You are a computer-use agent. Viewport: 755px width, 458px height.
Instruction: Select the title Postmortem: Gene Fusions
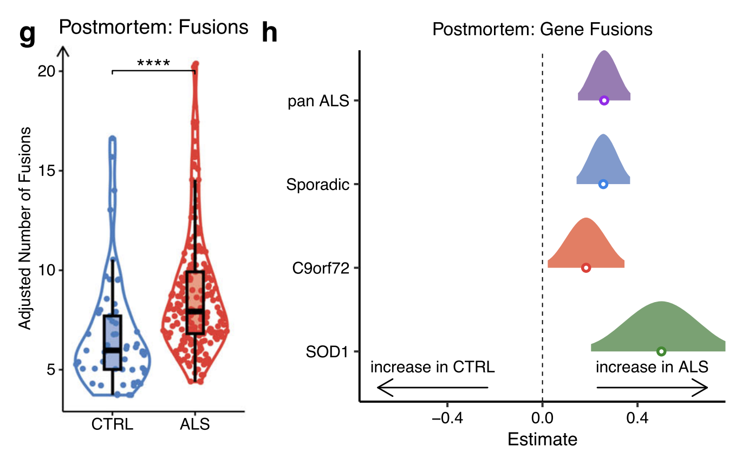click(542, 29)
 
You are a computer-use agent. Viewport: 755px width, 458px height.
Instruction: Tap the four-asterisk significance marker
click(153, 64)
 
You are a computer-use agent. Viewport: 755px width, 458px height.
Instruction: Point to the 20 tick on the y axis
click(48, 71)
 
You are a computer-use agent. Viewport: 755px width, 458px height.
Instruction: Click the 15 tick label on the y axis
click(48, 171)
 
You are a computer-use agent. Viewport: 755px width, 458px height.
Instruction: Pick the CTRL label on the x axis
click(112, 424)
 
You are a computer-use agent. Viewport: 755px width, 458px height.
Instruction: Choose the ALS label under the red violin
click(194, 424)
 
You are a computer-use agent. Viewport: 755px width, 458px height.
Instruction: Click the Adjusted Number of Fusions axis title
click(25, 228)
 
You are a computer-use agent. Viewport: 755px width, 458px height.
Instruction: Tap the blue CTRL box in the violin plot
click(113, 342)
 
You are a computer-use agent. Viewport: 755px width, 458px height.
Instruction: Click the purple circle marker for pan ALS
click(604, 100)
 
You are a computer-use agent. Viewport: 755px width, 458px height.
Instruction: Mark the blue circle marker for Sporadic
click(603, 184)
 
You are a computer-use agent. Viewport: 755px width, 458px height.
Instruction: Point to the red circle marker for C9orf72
click(585, 267)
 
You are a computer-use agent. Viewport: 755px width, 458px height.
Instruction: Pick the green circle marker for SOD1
click(661, 351)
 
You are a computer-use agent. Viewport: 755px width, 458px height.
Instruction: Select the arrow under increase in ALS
click(652, 387)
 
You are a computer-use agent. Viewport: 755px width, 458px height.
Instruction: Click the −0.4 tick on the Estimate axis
click(447, 418)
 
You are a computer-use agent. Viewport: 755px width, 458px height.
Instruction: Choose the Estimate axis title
click(542, 439)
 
